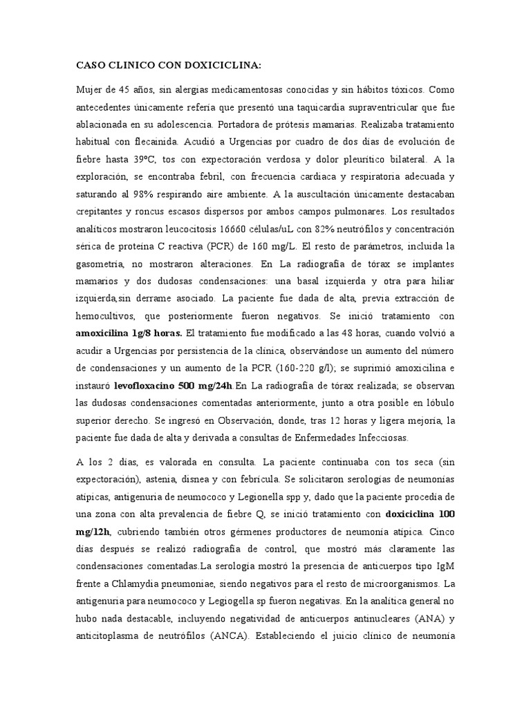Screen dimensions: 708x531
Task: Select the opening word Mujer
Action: (x=90, y=90)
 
